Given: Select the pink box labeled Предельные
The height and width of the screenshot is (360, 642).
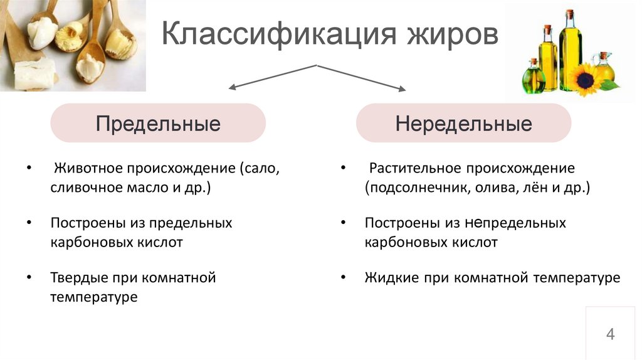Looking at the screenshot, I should coord(158,124).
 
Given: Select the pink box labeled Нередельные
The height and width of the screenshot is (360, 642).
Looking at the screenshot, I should coord(463,124).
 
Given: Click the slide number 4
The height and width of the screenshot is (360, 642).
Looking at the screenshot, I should coord(610,334).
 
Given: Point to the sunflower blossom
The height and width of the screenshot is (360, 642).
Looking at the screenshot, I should coord(586,80).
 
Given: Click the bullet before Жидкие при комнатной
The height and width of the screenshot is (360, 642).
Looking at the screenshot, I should coord(343,277).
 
